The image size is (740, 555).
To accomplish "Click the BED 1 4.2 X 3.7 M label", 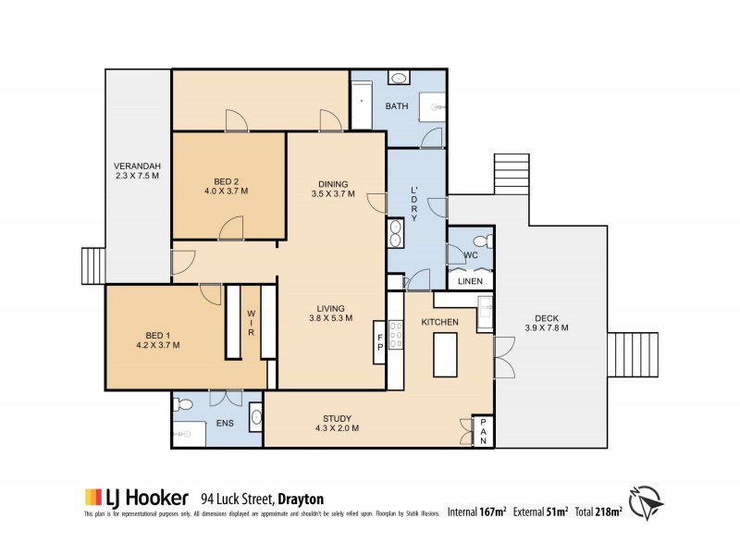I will [x=157, y=339].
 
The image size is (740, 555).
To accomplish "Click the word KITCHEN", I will [x=440, y=321].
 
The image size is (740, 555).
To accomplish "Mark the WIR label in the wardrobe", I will [x=250, y=324].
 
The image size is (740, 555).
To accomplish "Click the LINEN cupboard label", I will [x=470, y=280].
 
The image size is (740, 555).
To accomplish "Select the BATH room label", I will [x=397, y=106].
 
